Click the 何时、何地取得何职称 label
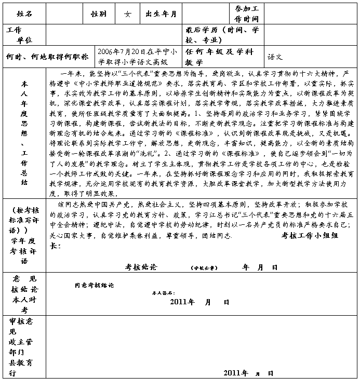click(x=47, y=56)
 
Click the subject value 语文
click(x=275, y=56)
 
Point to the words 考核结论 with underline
click(x=142, y=267)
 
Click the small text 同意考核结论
click(x=95, y=285)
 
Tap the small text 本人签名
click(x=162, y=293)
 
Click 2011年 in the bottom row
click(x=235, y=373)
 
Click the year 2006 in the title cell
click(x=106, y=52)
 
